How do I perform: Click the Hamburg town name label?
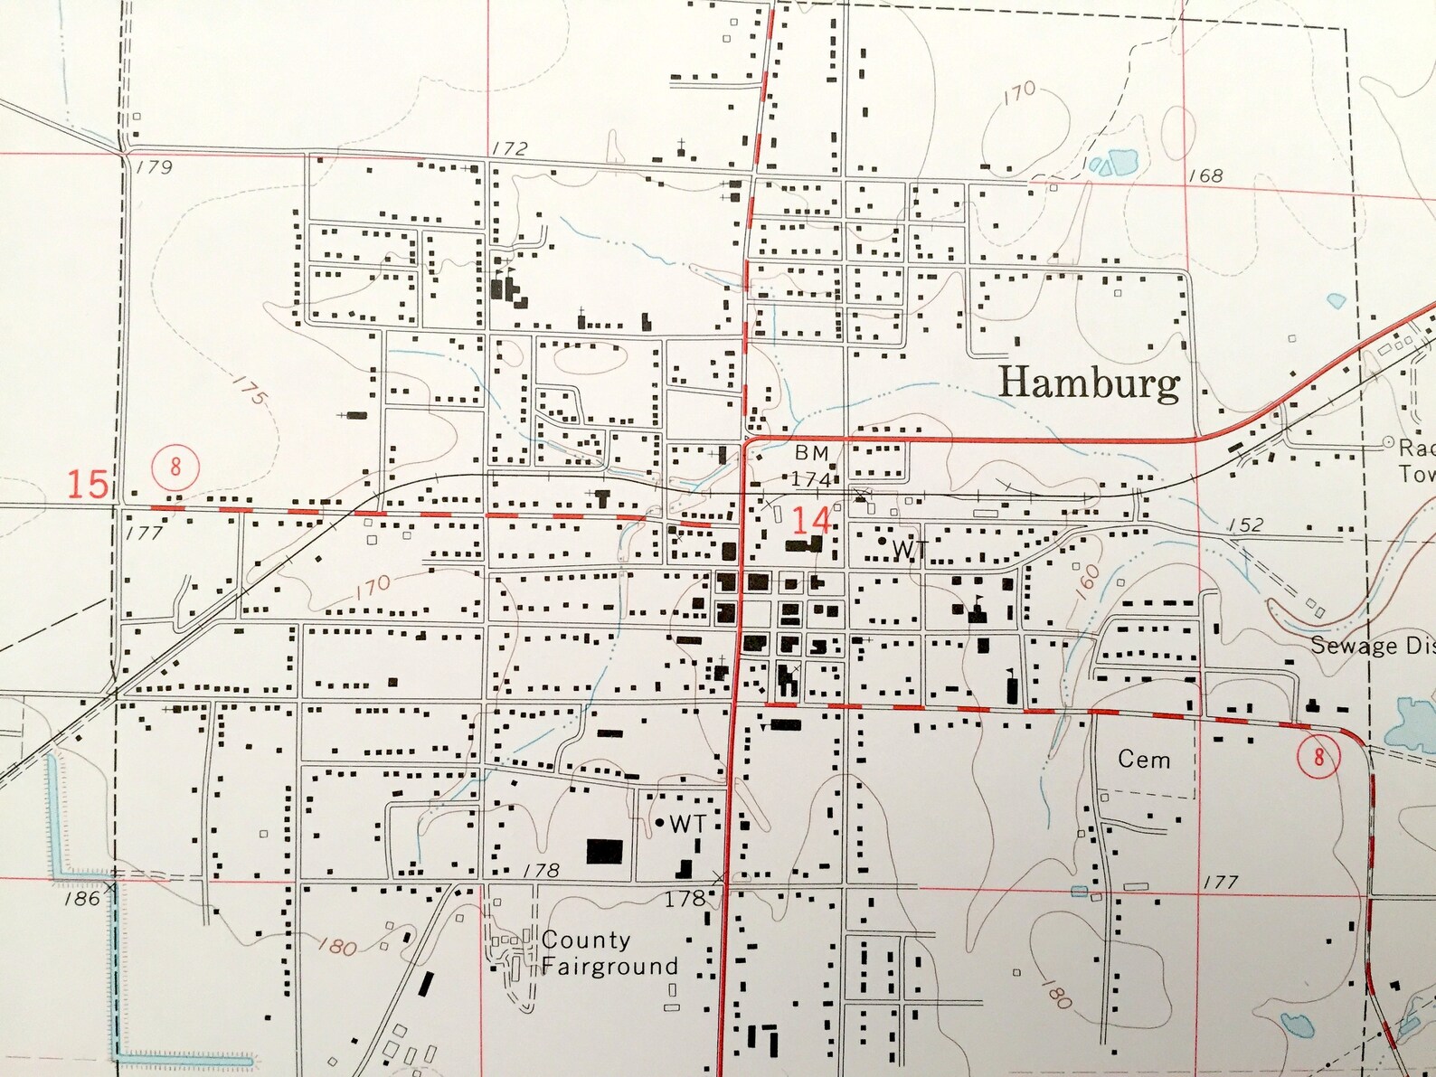[x=1089, y=383]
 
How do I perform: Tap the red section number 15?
[x=88, y=484]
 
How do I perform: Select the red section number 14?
[x=810, y=521]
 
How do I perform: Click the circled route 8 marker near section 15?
[x=175, y=467]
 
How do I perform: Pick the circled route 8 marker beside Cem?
[x=1318, y=756]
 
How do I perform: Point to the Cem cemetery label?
[x=1143, y=760]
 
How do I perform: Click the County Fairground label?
[x=608, y=953]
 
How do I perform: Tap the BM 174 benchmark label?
[x=811, y=466]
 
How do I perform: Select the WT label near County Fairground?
[x=686, y=824]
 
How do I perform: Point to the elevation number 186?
[x=82, y=899]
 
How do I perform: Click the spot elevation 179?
[x=155, y=166]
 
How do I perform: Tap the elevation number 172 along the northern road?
[x=509, y=148]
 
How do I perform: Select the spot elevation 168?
[x=1205, y=175]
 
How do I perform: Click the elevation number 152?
[x=1245, y=525]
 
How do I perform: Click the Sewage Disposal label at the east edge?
[x=1371, y=646]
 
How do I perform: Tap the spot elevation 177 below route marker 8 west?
[x=144, y=534]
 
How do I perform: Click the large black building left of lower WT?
[x=604, y=851]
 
